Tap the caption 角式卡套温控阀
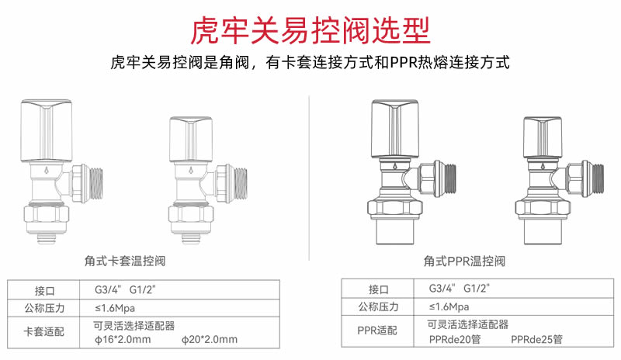(x=125, y=261)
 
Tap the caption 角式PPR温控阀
(x=464, y=261)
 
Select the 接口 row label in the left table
(x=44, y=291)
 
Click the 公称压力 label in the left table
(x=44, y=308)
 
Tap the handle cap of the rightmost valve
(x=542, y=138)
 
